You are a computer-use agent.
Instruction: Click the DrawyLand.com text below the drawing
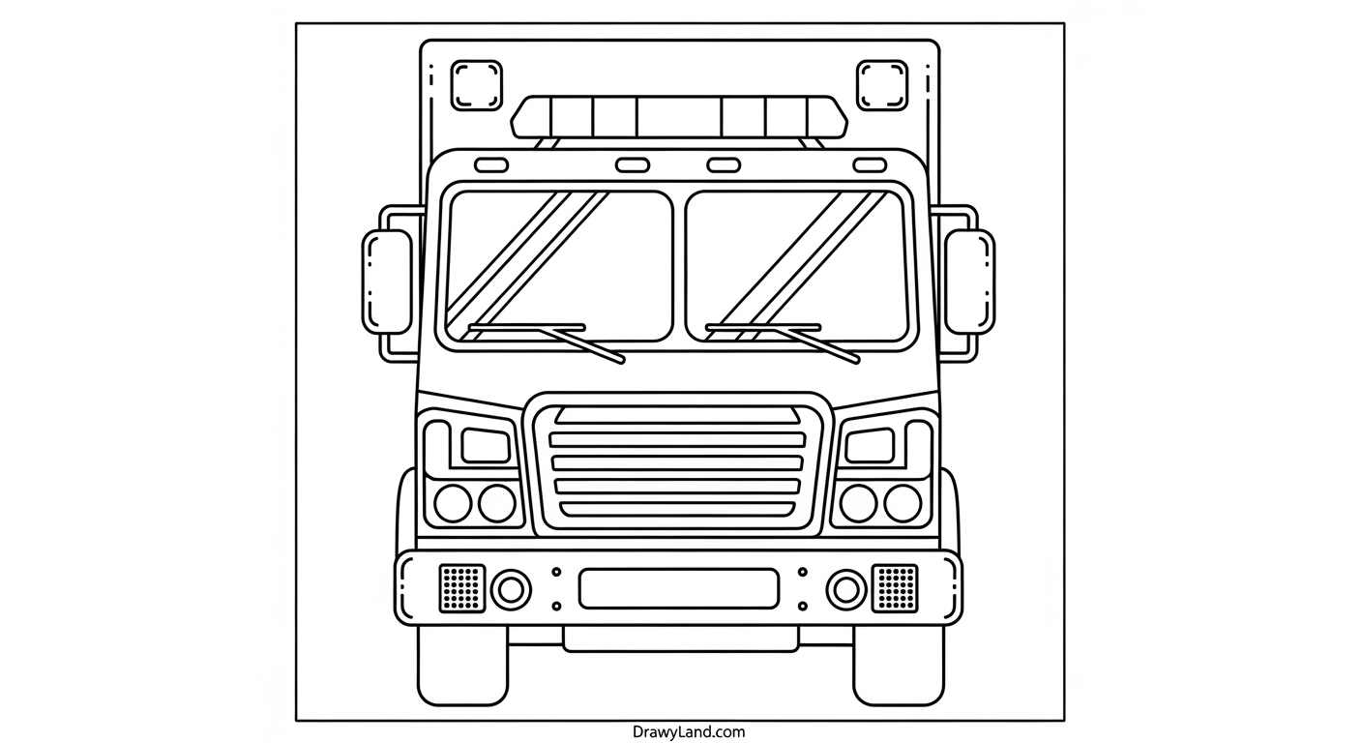(689, 731)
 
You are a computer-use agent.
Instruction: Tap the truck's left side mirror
(387, 282)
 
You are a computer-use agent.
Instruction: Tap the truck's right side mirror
(970, 282)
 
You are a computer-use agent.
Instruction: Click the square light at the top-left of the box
(477, 85)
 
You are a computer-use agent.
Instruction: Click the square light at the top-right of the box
(882, 85)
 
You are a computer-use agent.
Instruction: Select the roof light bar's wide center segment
(679, 117)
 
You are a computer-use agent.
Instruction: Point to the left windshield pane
(559, 266)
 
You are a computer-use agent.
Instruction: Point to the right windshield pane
(798, 266)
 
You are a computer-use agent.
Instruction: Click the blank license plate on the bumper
(678, 588)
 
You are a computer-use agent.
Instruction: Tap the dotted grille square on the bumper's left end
(462, 588)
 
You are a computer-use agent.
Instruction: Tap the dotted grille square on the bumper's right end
(895, 588)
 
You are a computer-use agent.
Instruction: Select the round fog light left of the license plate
(511, 589)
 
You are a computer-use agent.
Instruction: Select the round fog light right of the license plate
(846, 589)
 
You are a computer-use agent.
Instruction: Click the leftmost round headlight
(453, 503)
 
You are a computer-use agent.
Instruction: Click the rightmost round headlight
(903, 503)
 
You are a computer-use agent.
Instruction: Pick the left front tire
(462, 666)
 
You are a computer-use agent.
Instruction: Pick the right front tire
(899, 666)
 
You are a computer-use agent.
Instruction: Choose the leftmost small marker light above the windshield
(491, 164)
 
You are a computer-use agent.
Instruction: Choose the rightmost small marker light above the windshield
(870, 164)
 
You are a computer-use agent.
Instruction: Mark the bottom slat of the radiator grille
(677, 510)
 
